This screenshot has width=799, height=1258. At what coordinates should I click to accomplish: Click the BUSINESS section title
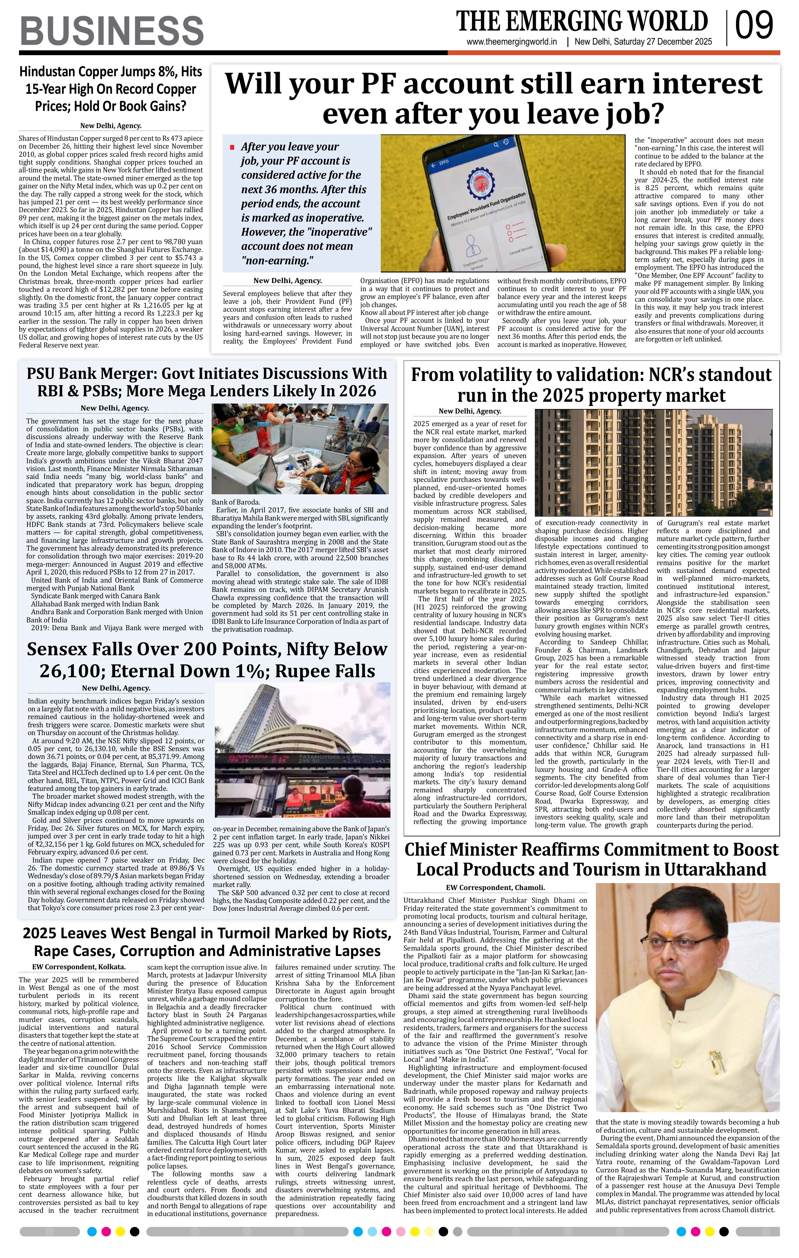click(x=111, y=30)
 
